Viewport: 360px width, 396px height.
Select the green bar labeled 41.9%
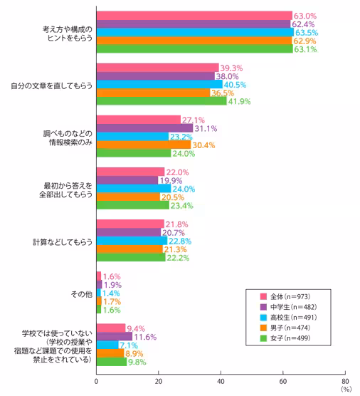tap(162, 100)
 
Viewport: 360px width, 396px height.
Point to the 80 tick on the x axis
tap(345, 380)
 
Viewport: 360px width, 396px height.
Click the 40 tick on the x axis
tap(221, 380)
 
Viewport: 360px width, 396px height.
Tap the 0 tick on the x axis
tap(97, 380)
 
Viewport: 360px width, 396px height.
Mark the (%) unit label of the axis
tap(346, 390)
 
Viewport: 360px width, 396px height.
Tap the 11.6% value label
tap(144, 335)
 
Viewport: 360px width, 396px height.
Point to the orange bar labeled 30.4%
tap(144, 145)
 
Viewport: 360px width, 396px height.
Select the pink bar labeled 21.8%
tap(130, 224)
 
